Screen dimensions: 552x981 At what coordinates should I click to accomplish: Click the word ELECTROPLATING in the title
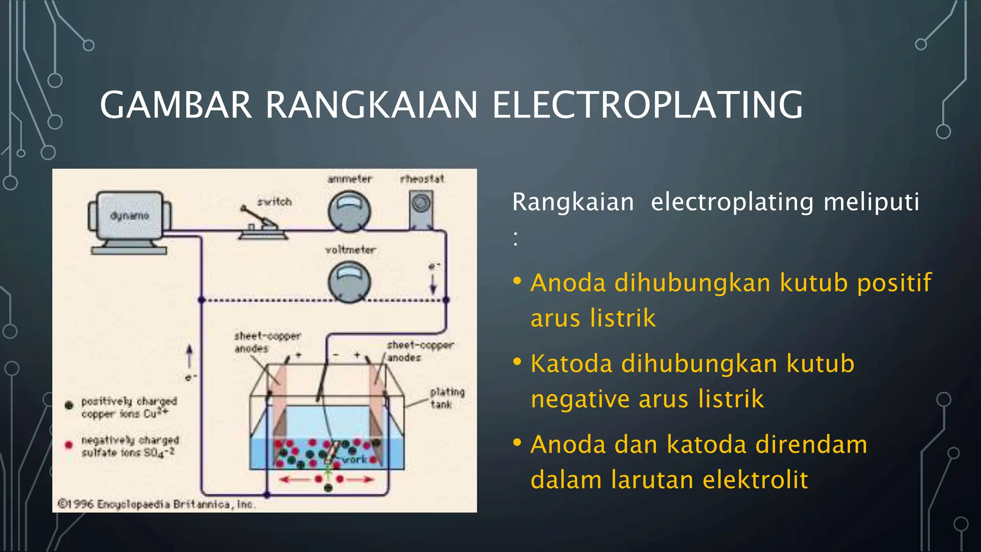click(x=648, y=105)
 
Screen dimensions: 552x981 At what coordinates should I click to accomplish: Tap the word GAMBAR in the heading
click(x=175, y=105)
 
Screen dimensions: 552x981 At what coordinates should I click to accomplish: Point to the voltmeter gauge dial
click(x=349, y=282)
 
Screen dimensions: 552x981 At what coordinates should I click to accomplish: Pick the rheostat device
click(x=421, y=209)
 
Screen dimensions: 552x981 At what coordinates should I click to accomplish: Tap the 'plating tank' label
click(x=447, y=398)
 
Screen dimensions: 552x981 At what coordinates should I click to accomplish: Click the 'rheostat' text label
click(x=422, y=179)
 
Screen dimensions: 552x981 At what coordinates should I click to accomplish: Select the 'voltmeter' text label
click(x=350, y=250)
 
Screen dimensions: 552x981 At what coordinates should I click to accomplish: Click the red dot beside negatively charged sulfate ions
click(x=69, y=445)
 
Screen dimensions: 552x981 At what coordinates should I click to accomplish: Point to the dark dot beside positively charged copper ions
click(x=69, y=405)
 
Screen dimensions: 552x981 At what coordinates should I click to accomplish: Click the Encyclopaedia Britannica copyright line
click(x=157, y=504)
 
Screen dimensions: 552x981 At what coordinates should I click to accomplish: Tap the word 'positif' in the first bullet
click(x=894, y=283)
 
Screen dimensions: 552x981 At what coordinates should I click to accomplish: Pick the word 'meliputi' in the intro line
click(x=871, y=202)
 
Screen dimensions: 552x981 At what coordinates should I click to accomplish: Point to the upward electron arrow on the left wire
click(x=190, y=356)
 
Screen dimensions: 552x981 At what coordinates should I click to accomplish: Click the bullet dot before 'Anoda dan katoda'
click(x=517, y=442)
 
